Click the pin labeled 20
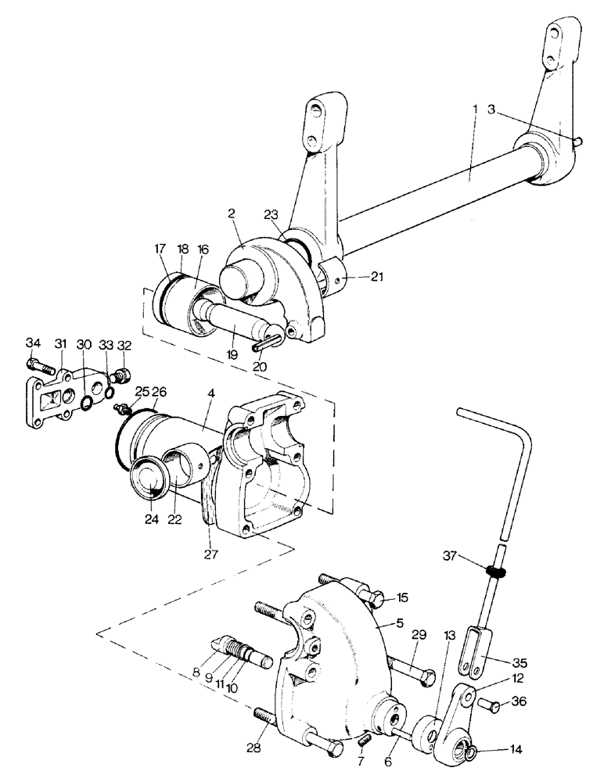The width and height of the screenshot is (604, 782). [268, 342]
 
